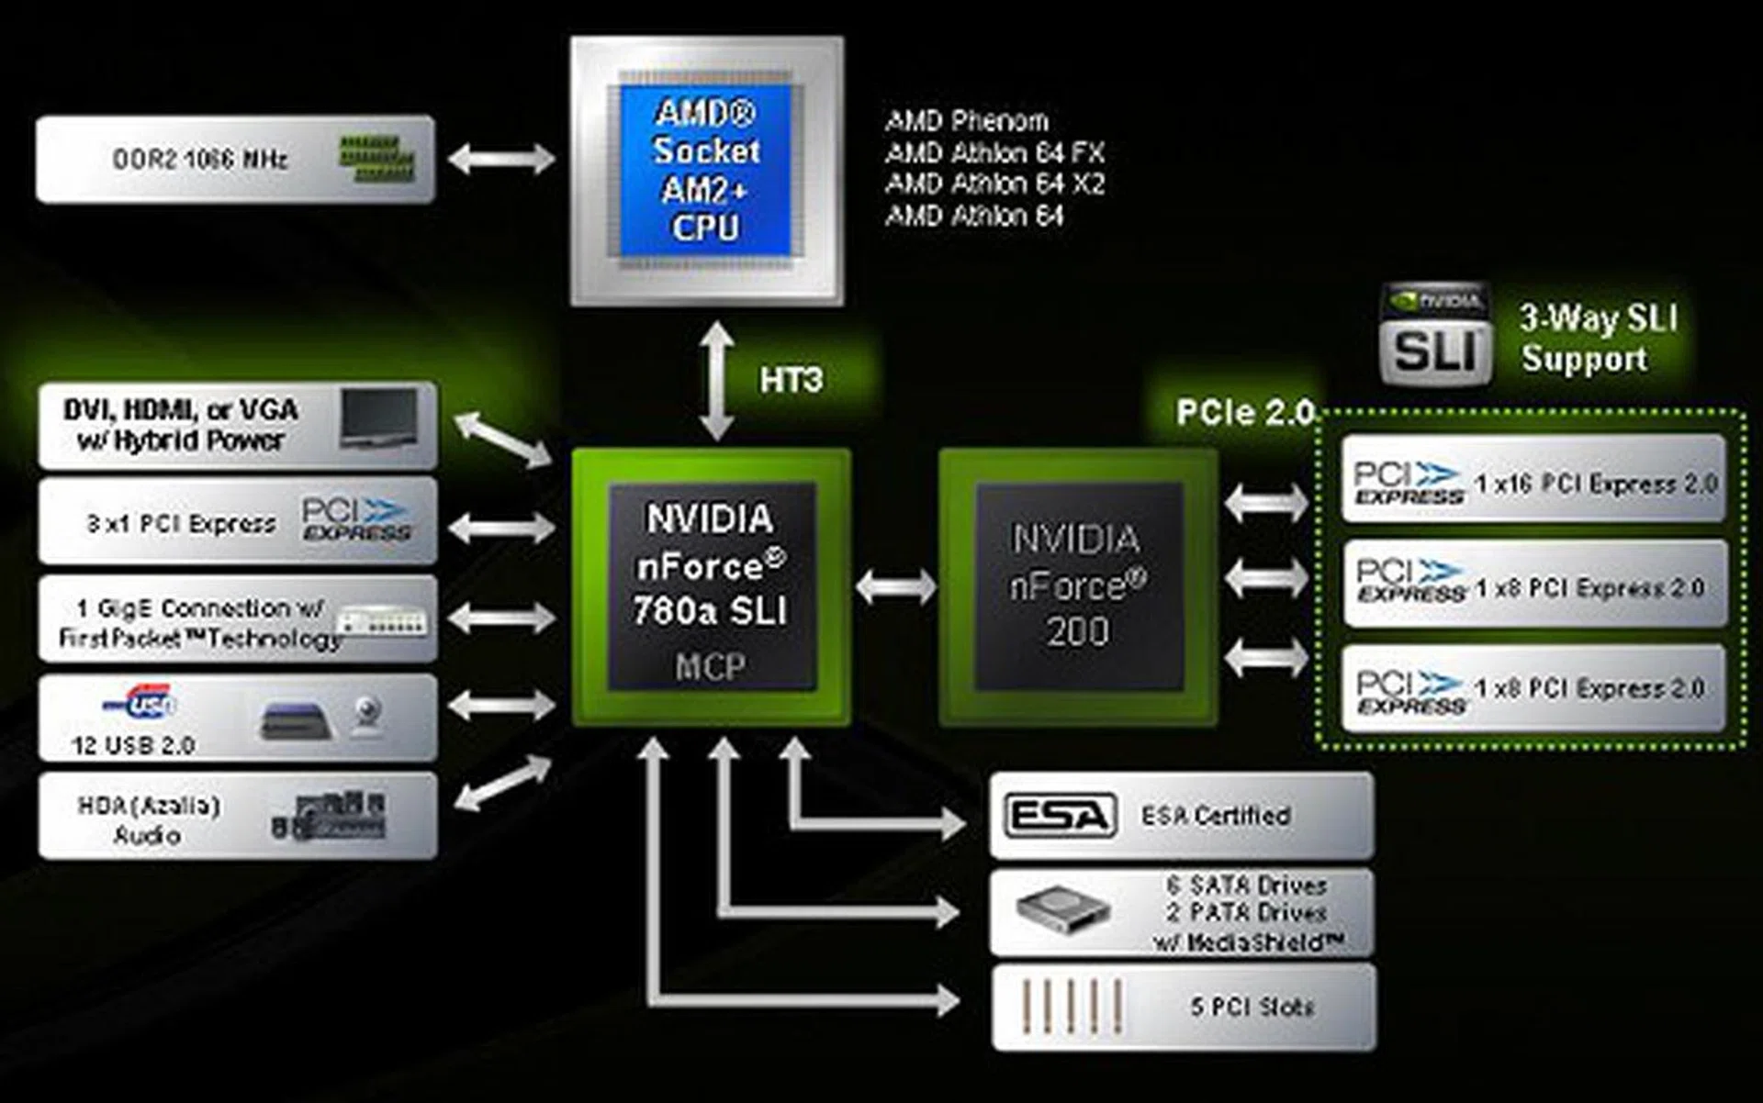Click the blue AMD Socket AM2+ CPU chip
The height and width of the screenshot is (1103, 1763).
[x=705, y=171]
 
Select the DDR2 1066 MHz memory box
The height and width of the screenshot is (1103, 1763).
[x=235, y=159]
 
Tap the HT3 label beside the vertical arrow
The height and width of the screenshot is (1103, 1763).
[x=791, y=380]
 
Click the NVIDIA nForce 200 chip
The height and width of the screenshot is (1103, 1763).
[x=1078, y=586]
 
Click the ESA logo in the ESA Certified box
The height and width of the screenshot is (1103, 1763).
[x=1061, y=815]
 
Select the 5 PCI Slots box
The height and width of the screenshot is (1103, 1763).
[x=1183, y=1007]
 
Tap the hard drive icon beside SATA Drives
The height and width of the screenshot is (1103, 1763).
[x=1061, y=910]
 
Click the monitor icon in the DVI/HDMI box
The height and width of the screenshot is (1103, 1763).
[x=378, y=418]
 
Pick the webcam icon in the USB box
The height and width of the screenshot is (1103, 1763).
[x=367, y=716]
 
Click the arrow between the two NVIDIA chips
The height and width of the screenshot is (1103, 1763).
[x=895, y=586]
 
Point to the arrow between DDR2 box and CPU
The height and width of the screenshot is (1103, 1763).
[x=500, y=159]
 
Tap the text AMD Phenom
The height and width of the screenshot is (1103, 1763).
[x=966, y=120]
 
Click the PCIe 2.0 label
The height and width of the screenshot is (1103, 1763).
[x=1244, y=413]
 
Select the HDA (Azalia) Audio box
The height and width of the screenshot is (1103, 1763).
[x=237, y=816]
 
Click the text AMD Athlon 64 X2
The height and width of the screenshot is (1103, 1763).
[x=994, y=184]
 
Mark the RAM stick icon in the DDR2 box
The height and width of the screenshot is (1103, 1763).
[x=376, y=158]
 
